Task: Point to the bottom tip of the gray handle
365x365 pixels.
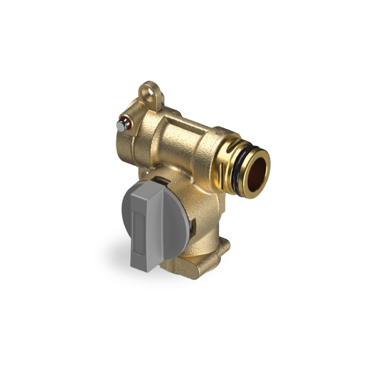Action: click(x=144, y=269)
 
